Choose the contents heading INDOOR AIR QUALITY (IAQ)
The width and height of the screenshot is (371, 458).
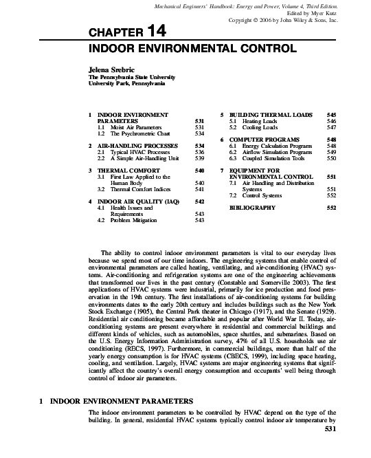click(134, 201)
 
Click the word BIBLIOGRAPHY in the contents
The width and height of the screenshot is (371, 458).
click(253, 207)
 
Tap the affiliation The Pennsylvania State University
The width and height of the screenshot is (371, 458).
click(126, 78)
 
